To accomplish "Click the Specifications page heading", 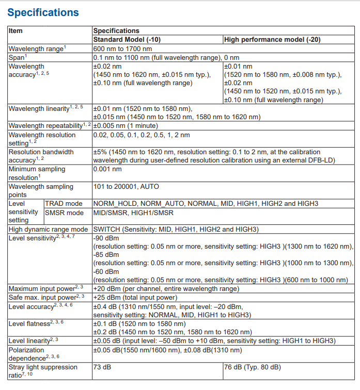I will tap(43, 12).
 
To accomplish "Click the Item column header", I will tap(15, 31).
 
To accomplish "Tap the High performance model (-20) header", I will tap(275, 40).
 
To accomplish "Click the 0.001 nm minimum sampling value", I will tap(107, 169).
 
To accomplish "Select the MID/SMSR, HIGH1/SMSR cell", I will tap(133, 213).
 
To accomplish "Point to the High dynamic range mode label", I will tap(49, 229).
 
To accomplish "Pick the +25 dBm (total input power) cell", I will tap(135, 298).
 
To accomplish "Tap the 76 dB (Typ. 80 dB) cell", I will tap(252, 367).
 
